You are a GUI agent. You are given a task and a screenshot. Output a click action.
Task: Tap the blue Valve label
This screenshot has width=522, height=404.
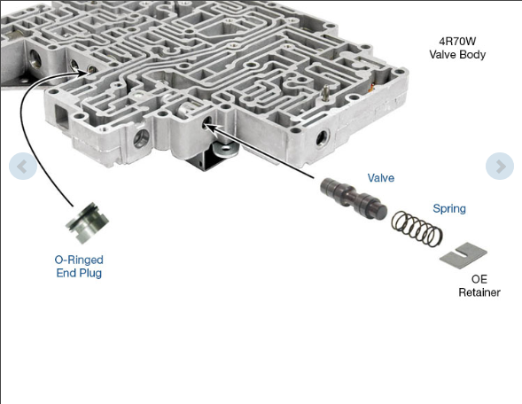(x=381, y=178)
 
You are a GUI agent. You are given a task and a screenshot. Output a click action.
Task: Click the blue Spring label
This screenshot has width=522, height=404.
(x=448, y=209)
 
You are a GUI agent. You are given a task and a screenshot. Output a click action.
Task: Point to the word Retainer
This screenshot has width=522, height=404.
(x=479, y=292)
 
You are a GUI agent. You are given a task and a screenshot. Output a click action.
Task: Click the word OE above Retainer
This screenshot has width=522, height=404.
(x=479, y=278)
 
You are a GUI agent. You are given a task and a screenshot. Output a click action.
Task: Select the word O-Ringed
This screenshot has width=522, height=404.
(x=79, y=260)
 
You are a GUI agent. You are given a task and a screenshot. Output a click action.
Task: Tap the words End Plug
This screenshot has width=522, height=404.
(x=79, y=274)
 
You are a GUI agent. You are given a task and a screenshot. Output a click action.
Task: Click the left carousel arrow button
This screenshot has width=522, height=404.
(x=23, y=167)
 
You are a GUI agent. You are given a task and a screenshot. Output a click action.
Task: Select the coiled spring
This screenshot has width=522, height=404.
(x=417, y=229)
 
